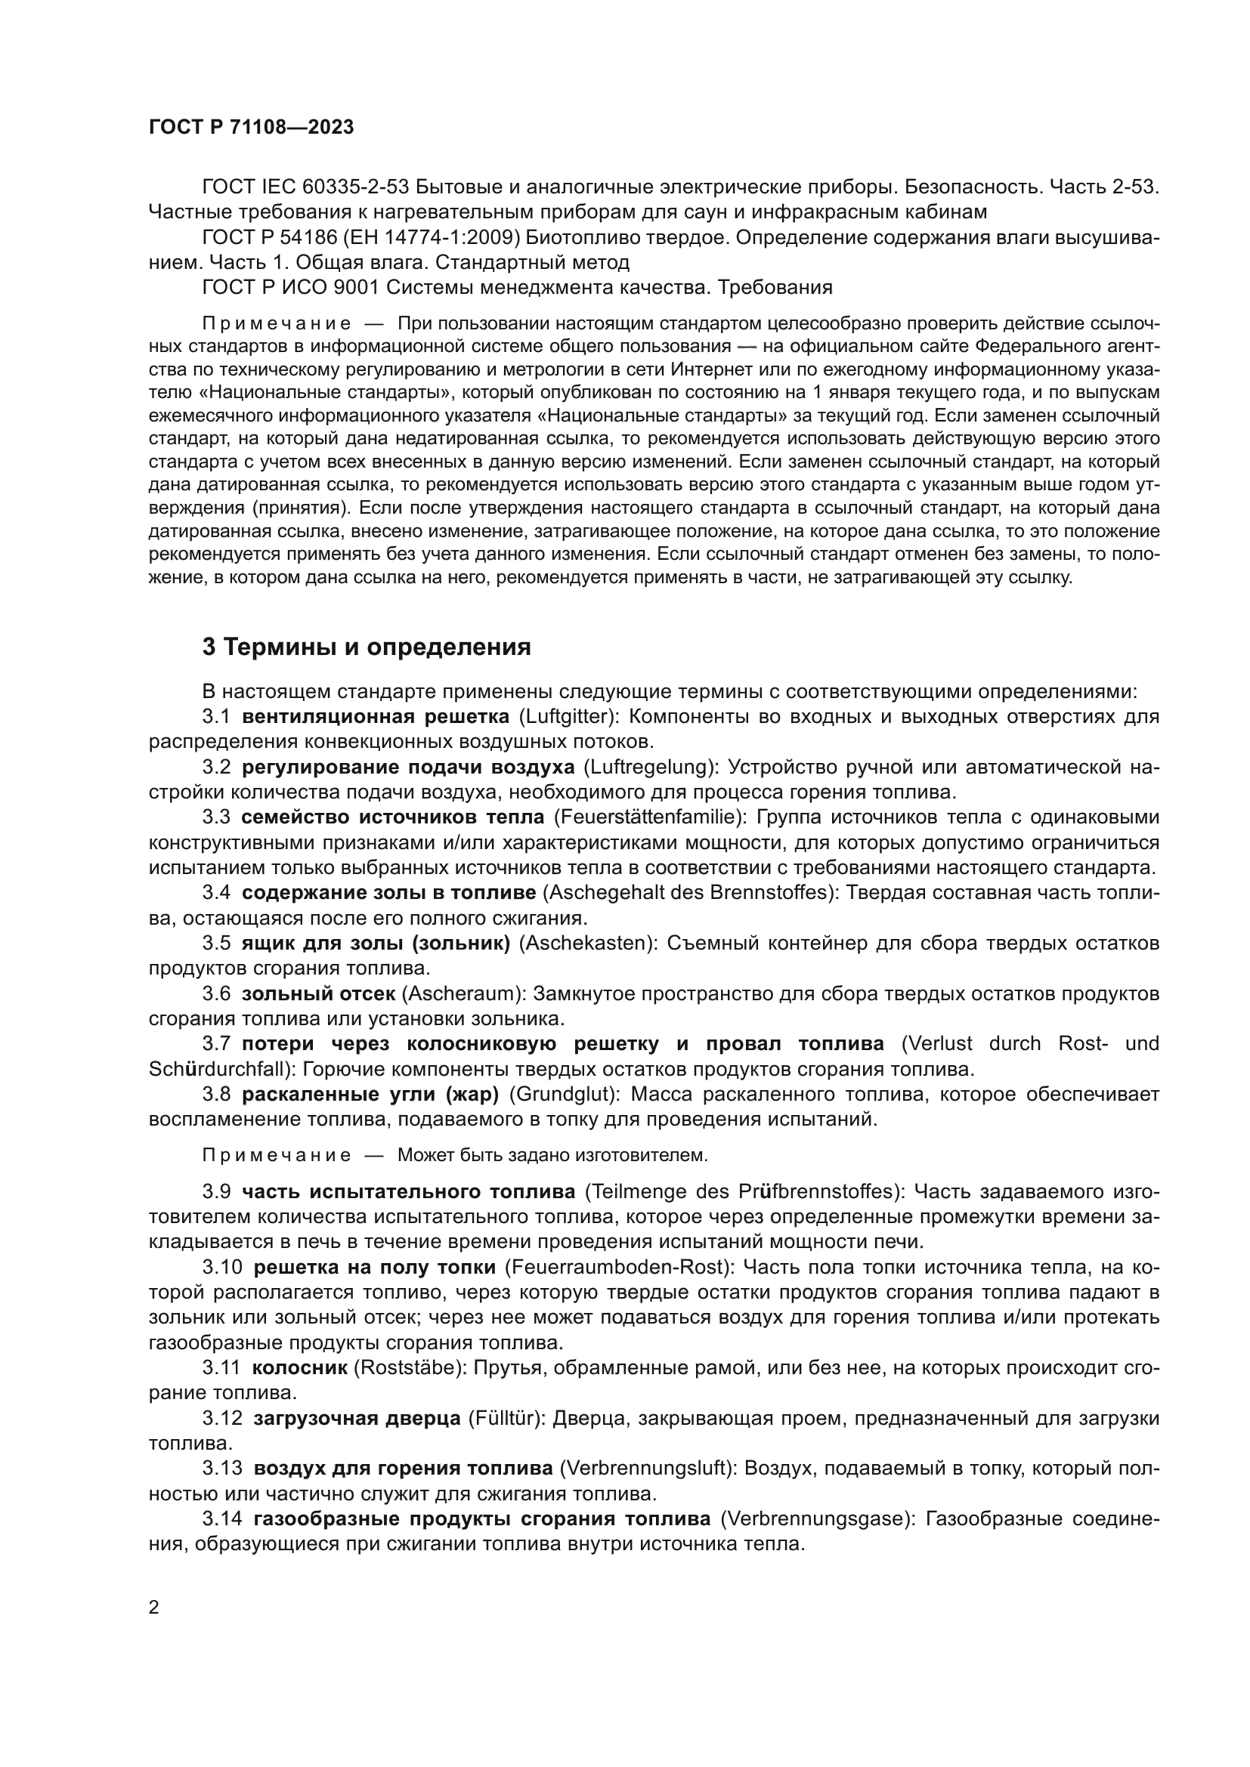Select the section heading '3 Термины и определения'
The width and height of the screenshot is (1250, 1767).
coord(367,647)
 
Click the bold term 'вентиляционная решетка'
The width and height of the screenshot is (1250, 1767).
coord(375,717)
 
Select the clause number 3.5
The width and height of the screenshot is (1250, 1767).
coord(216,944)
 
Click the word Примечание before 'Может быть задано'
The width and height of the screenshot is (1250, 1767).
coord(277,1155)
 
